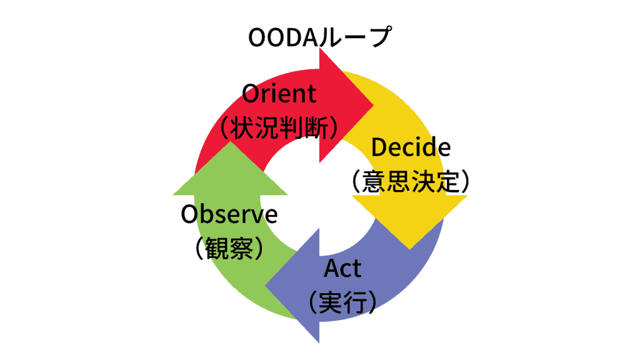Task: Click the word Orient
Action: (279, 94)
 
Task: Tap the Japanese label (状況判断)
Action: (279, 128)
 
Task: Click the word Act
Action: (342, 268)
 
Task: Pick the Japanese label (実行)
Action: (342, 302)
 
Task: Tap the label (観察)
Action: (229, 248)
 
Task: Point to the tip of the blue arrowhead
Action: (266, 284)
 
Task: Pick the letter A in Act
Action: (332, 268)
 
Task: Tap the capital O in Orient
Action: (251, 94)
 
